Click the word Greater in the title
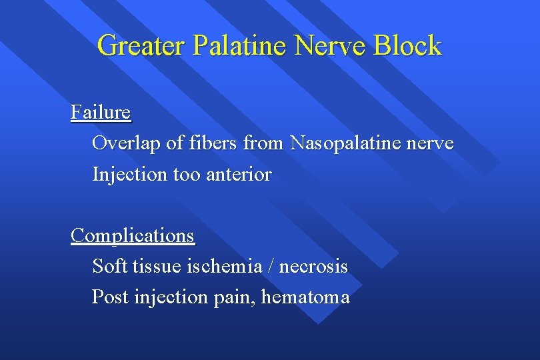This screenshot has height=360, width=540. coord(141,45)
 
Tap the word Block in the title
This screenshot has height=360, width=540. coord(407,45)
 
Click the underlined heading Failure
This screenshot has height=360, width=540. coord(101,112)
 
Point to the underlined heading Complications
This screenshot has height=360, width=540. coord(133,235)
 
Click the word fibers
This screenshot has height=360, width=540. coord(205,143)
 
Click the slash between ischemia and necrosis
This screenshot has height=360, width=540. coord(271,267)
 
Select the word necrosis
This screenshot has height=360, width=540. coord(313,267)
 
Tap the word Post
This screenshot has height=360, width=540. coord(111,297)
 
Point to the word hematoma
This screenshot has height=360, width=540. coord(305,297)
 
